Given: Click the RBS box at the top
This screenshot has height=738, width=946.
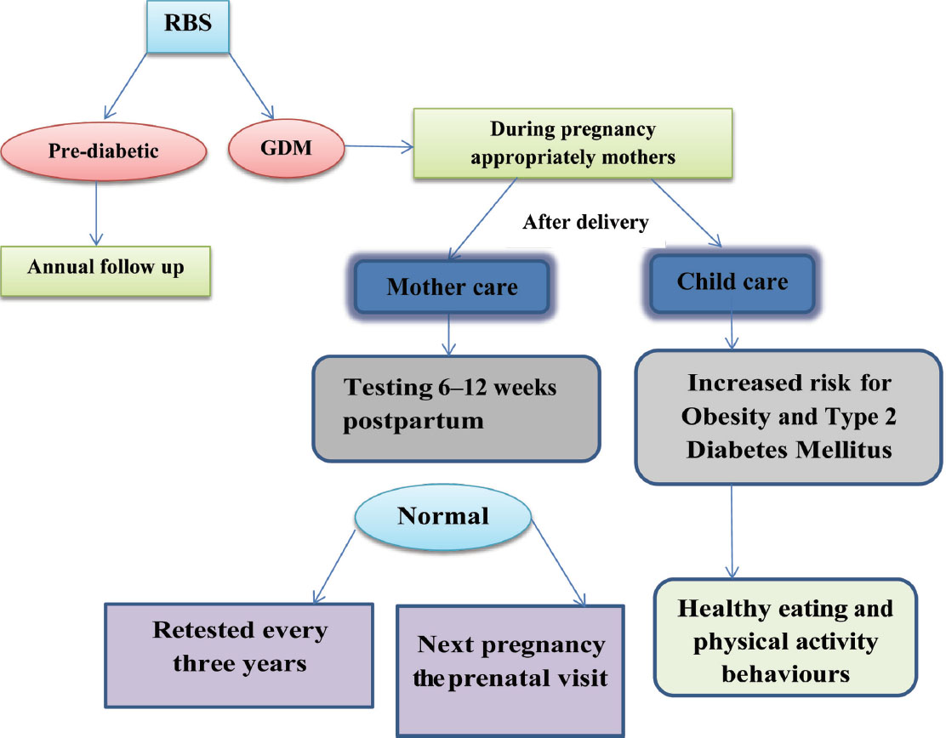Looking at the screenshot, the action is pos(188,26).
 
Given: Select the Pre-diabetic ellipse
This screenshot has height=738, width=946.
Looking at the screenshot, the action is pos(104,151).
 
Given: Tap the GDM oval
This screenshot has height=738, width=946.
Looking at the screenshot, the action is pos(286,148).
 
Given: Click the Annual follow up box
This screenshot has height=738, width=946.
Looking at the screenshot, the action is pos(105,271).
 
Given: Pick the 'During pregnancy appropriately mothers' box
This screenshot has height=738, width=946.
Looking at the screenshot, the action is pos(573,144).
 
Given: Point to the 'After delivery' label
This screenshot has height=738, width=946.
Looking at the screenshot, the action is pos(585,222).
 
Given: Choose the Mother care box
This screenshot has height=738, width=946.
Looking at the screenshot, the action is pos(452,287).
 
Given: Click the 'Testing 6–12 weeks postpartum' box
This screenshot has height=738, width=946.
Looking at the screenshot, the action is pos(456,409).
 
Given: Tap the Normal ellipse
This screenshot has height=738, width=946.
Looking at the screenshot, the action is pos(443,517).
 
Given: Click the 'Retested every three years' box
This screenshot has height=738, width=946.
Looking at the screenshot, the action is pos(239,655).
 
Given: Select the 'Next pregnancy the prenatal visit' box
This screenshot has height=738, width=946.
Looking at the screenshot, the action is pos(510,671).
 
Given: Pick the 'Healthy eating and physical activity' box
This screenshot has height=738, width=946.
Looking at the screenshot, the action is pos(785,638).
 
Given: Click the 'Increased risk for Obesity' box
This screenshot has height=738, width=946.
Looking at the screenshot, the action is pos(789,417).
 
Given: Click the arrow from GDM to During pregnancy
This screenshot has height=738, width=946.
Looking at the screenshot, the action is pos(379,146).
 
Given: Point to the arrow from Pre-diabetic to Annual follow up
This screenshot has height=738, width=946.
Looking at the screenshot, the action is pos(96,213).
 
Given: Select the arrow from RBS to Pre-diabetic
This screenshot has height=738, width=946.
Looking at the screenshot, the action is pos(126,86).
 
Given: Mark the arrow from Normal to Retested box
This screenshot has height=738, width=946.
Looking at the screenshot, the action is pos(334,567).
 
